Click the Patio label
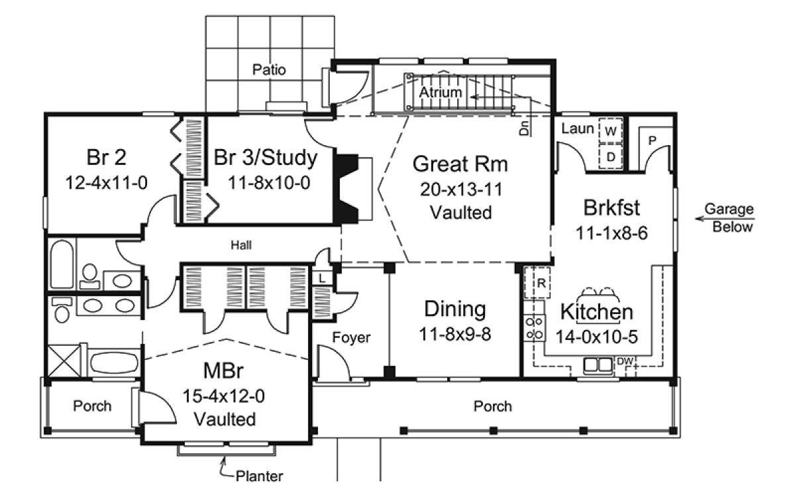[x=269, y=70]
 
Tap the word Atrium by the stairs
[x=440, y=92]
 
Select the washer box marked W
[x=610, y=131]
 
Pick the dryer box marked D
[x=610, y=156]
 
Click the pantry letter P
[x=652, y=141]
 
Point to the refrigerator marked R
[x=537, y=282]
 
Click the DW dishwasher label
[x=625, y=361]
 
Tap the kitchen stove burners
[x=535, y=329]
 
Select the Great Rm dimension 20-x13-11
[x=461, y=190]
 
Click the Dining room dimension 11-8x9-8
[x=455, y=334]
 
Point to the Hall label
[x=241, y=245]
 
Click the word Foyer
[x=351, y=337]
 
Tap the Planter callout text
[x=260, y=476]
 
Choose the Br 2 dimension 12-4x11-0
[x=106, y=183]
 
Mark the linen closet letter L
[x=322, y=278]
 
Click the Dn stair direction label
[x=524, y=128]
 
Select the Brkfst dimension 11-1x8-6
[x=611, y=233]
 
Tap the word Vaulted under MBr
[x=225, y=419]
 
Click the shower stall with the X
[x=64, y=360]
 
